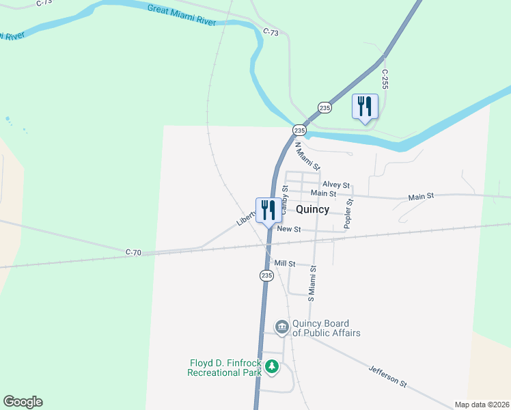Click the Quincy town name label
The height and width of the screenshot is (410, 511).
pos(313,210)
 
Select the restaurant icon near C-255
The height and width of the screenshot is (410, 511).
pos(365,107)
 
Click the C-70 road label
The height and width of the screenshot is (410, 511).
pos(133,253)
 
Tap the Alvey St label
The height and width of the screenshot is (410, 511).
pos(336,185)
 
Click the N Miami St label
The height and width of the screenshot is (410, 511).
pos(307,155)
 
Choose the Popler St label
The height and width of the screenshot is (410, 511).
pos(348,213)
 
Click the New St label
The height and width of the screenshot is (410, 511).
pos(289,230)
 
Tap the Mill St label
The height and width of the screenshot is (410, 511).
pos(284,263)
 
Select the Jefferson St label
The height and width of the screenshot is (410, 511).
pos(387,376)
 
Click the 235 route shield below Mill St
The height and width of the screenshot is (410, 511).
pos(266,275)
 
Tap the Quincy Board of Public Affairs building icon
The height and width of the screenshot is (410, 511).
pos(281,328)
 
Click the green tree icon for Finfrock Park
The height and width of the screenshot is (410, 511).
pos(272,367)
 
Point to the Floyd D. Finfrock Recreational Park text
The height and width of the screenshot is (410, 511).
pos(225,368)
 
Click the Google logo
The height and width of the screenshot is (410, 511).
pos(23,402)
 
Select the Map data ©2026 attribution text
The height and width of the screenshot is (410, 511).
pos(482,405)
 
